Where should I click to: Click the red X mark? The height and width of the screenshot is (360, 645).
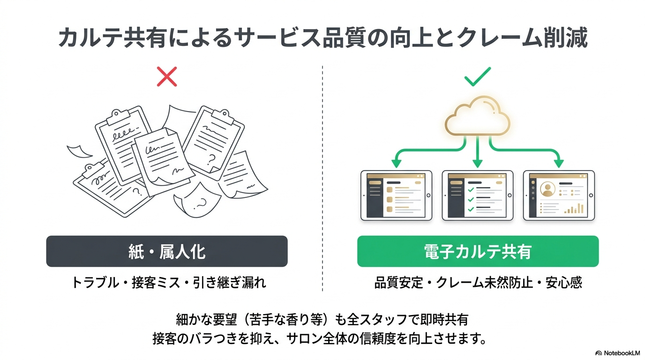[x=167, y=76]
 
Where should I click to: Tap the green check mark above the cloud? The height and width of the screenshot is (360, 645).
[x=477, y=76]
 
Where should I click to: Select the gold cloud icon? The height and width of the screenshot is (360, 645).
[x=477, y=115]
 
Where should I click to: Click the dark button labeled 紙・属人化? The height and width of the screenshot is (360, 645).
[x=167, y=251]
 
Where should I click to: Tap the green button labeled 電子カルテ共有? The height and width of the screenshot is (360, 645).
[x=478, y=251]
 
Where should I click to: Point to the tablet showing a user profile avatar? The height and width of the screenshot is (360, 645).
[x=559, y=195]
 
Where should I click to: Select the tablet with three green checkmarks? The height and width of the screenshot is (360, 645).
[x=477, y=195]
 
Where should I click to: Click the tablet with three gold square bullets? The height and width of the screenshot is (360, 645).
[x=396, y=195]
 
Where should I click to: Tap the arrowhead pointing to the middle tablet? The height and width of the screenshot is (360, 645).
[x=477, y=164]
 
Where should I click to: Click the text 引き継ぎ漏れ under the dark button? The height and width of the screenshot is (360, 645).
[x=230, y=283]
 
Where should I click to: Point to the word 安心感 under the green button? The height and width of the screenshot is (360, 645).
[x=564, y=283]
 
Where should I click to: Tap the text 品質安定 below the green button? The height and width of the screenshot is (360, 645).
[x=398, y=283]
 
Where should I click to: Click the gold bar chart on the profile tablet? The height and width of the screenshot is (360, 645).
[x=574, y=209]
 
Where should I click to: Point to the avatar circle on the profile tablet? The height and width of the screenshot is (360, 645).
[x=547, y=189]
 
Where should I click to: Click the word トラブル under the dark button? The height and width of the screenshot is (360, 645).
[x=95, y=283]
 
